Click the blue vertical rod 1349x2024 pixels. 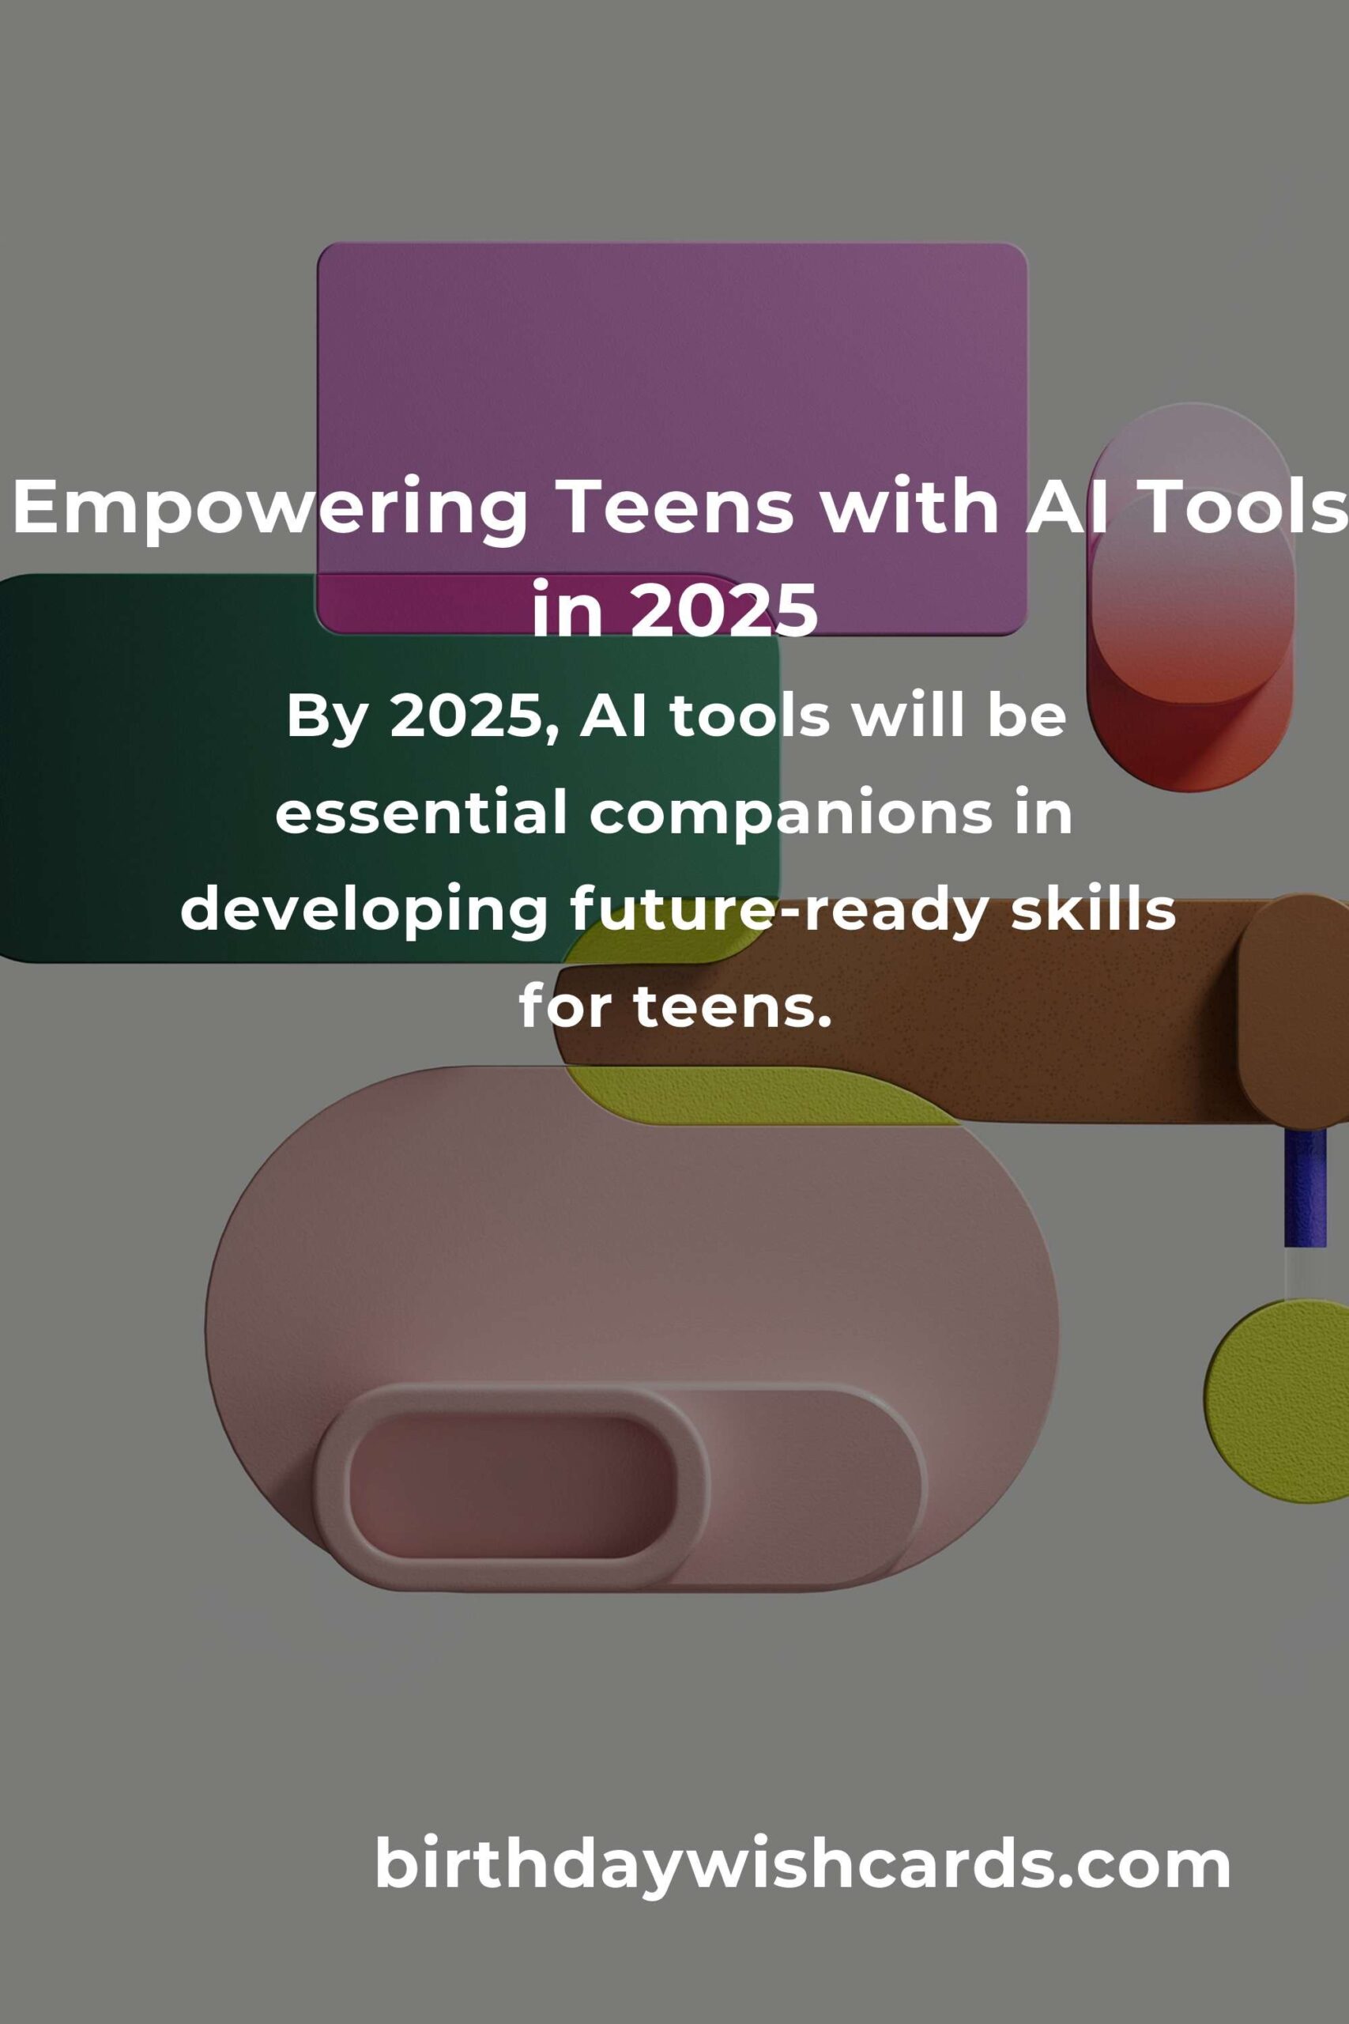(1305, 1187)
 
